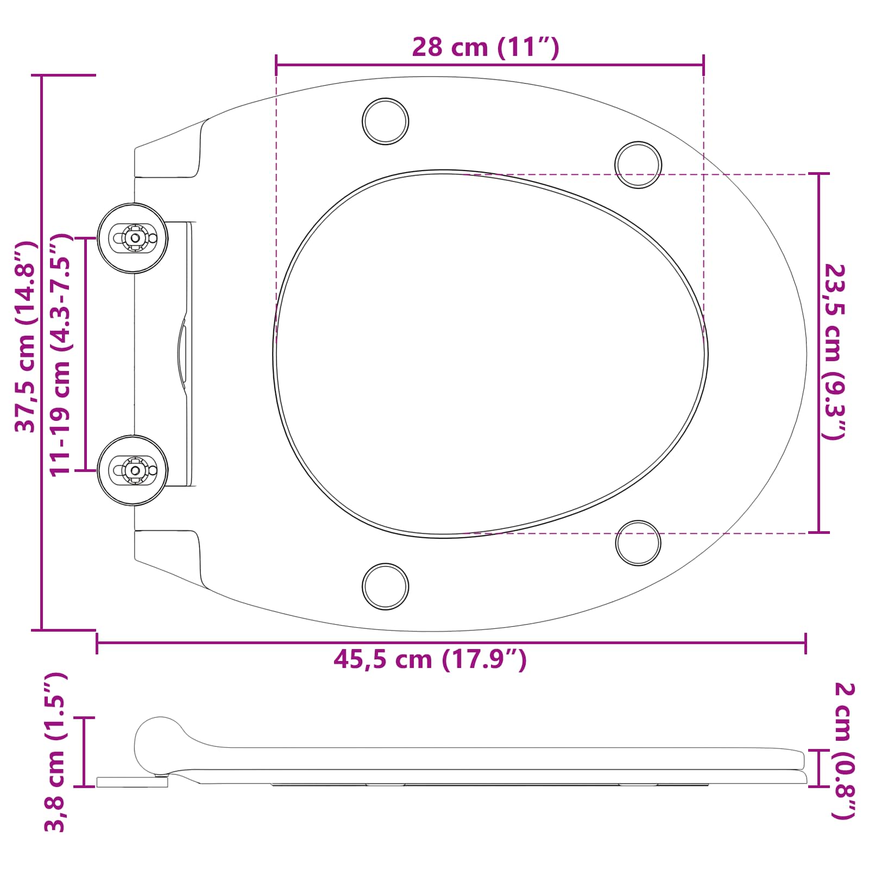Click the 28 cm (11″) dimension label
485,48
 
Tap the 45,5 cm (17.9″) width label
430,659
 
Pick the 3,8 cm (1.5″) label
55,752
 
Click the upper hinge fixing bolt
134,238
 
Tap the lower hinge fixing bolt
134,470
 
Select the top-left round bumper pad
386,121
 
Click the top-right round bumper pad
638,165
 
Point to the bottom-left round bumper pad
386,586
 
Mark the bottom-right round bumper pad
638,543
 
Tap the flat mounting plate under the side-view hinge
132,782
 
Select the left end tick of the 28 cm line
276,65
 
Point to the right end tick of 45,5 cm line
805,643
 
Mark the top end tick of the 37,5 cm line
42,75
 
